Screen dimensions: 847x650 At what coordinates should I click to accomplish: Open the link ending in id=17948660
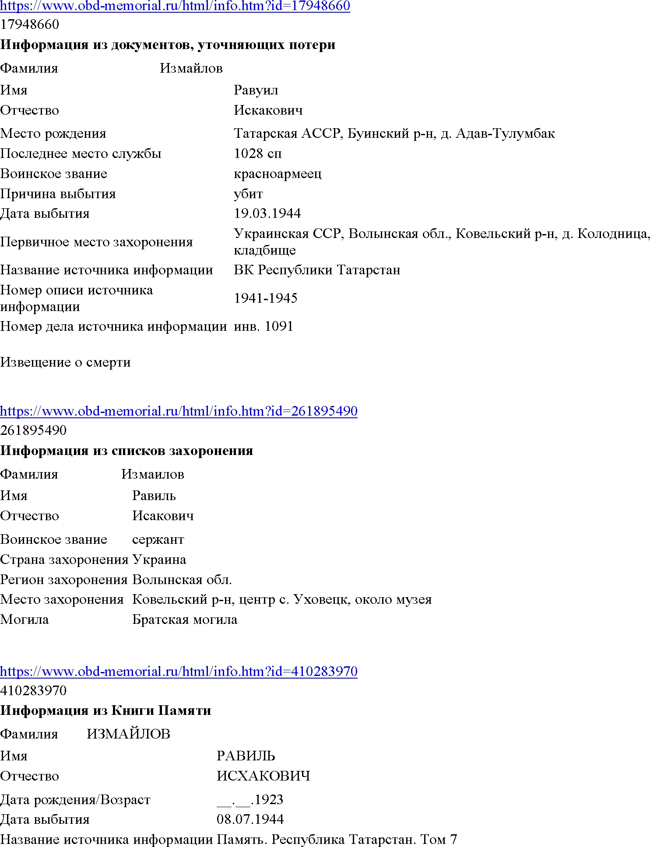point(175,6)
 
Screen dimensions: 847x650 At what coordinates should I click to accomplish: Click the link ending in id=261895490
point(179,411)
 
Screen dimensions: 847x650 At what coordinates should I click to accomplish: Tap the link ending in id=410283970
point(179,671)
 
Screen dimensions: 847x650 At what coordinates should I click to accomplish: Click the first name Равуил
point(256,90)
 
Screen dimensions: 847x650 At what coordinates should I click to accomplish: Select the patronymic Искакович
point(268,110)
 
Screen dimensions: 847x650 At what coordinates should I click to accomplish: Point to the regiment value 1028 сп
point(258,154)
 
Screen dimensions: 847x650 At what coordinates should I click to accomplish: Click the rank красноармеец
point(278,174)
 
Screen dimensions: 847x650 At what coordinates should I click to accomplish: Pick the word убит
point(248,194)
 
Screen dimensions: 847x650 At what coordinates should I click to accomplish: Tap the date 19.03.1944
point(267,213)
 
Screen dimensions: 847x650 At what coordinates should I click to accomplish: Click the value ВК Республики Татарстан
point(317,270)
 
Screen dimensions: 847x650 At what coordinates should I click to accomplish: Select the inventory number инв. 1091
point(264,326)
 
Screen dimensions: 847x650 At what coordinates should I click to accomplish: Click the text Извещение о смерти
point(65,362)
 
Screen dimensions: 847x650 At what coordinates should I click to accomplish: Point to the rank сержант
point(158,539)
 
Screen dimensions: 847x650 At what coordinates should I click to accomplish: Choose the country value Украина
point(159,560)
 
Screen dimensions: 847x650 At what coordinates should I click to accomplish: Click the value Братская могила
point(185,619)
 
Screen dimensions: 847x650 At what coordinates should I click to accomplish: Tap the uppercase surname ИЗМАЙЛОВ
point(128,734)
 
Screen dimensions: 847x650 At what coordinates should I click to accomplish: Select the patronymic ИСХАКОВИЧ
point(263,776)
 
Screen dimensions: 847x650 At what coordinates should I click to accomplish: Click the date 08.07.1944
point(250,819)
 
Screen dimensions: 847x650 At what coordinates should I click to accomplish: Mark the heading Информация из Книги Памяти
point(105,710)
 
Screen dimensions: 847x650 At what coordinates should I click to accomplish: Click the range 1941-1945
point(266,298)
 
